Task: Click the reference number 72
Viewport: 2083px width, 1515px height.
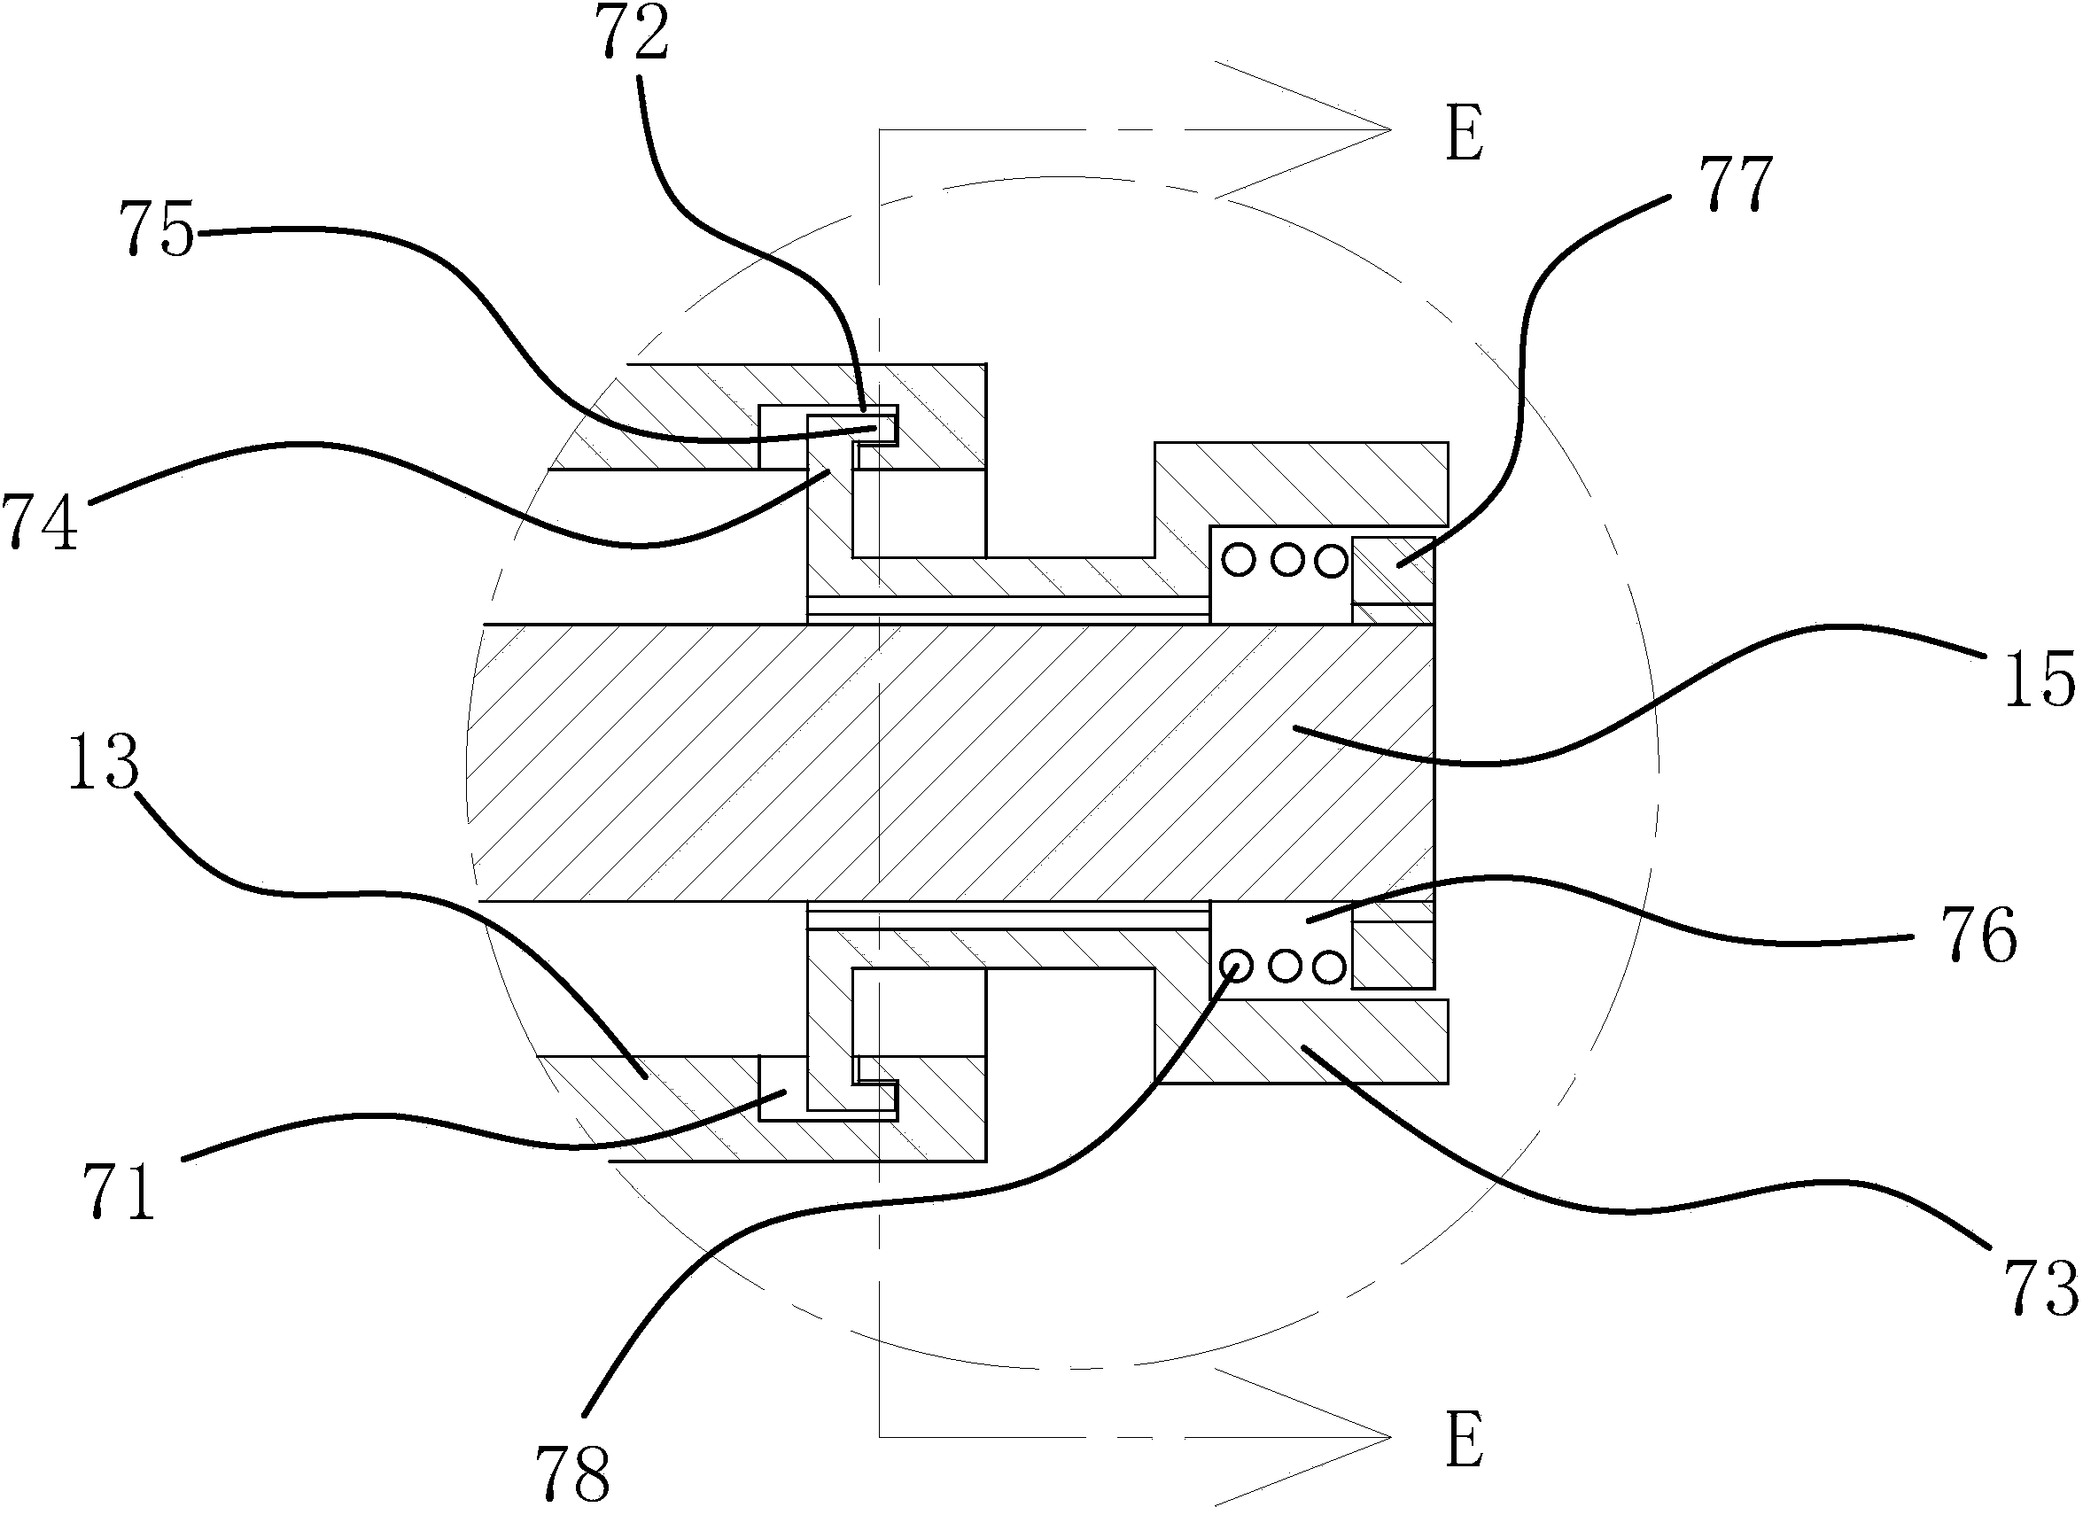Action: coord(634,33)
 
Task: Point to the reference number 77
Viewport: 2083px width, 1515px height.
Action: coord(1735,183)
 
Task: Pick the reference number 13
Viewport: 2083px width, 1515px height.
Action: coord(104,761)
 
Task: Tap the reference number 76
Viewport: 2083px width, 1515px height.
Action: coord(1981,934)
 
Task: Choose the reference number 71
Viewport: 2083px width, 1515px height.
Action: coord(120,1190)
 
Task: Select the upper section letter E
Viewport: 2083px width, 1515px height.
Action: coord(1464,135)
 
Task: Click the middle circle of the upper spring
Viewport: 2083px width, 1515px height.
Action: coord(1286,559)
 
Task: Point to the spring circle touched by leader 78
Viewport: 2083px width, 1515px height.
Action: coord(1237,965)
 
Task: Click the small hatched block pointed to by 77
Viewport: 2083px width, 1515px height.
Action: coord(1392,570)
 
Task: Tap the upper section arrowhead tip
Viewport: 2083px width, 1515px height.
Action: coord(1387,130)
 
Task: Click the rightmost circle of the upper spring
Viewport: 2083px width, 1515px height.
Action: coord(1330,559)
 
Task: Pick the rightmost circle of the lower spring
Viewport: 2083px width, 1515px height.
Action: coord(1328,965)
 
